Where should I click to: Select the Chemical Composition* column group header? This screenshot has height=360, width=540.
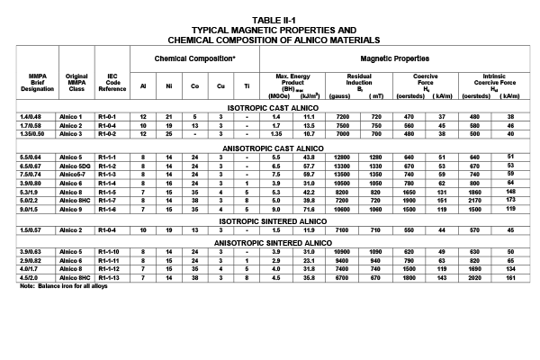(x=195, y=58)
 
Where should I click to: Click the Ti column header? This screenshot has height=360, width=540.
(x=246, y=86)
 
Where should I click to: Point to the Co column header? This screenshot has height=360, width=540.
(x=194, y=86)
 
